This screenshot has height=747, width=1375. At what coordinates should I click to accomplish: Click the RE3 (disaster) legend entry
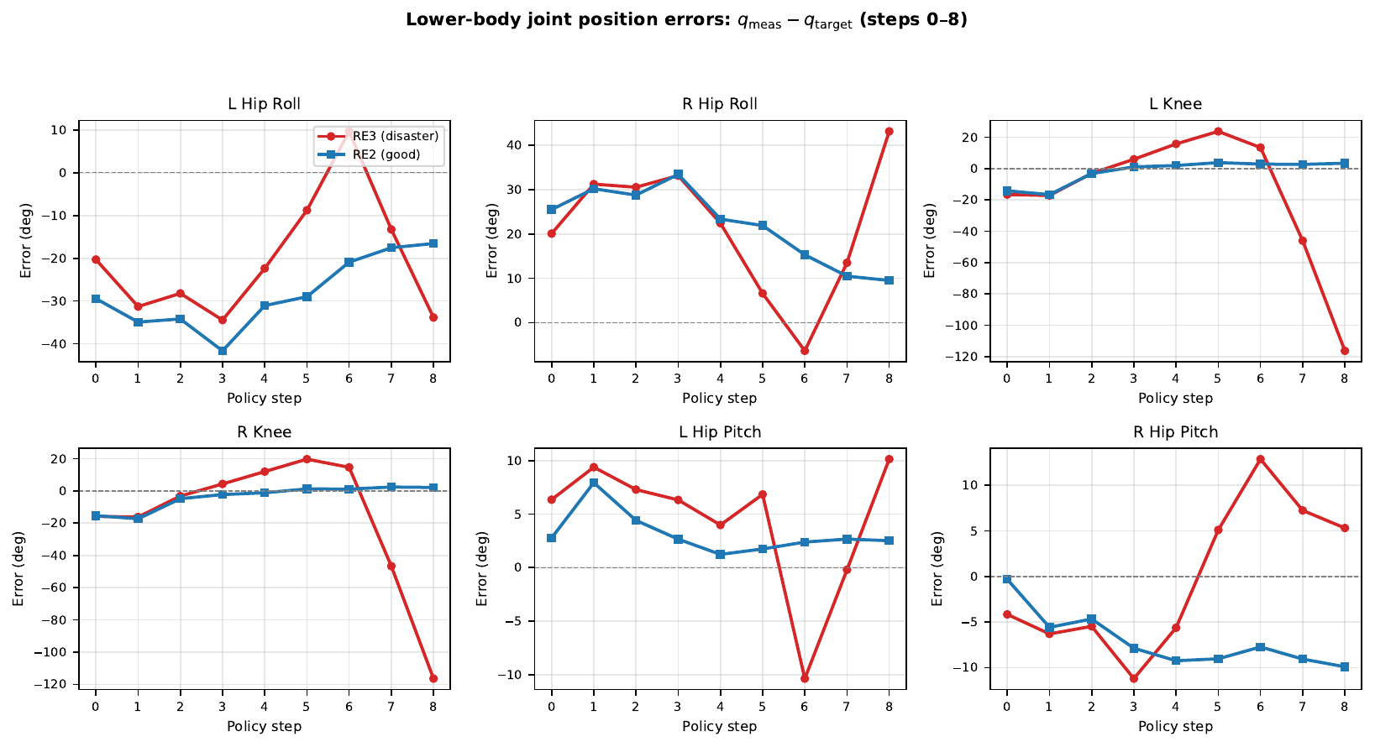tap(389, 136)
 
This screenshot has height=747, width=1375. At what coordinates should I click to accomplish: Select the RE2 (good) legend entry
tap(387, 154)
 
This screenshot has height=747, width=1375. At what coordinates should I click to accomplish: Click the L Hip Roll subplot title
tap(264, 104)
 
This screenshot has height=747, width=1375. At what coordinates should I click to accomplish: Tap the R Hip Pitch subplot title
tap(1175, 432)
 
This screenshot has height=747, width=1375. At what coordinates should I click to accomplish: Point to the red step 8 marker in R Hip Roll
tap(889, 132)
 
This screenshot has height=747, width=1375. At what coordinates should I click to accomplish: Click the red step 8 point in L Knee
tap(1344, 351)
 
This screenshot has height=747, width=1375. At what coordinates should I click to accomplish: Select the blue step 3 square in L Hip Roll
tap(222, 351)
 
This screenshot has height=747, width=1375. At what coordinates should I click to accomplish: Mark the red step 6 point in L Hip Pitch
tap(805, 678)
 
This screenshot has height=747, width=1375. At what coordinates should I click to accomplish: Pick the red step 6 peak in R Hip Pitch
tap(1260, 459)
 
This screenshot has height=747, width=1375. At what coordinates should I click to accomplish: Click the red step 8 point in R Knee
tap(433, 678)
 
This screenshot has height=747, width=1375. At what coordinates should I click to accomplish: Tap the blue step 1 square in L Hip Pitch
tap(594, 483)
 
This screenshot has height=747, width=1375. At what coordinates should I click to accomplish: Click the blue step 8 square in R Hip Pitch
tap(1344, 667)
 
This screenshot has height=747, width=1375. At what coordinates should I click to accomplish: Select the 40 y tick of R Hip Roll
tap(513, 145)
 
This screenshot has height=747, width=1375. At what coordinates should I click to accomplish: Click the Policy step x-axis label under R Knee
tap(264, 726)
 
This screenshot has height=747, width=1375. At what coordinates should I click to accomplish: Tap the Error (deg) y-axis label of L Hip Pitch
tap(482, 568)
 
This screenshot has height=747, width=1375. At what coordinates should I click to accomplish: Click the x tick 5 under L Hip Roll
tap(307, 379)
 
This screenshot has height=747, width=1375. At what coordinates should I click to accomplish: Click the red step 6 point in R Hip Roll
tap(805, 351)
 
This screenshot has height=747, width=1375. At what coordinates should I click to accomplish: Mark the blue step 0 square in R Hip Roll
tap(552, 210)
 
